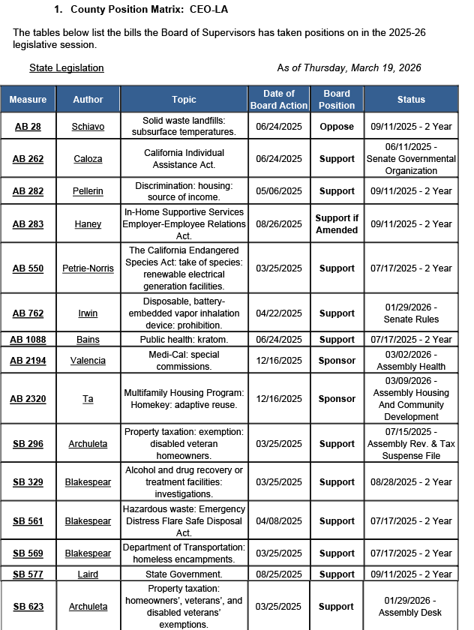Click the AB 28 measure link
28,127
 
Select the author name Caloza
88,159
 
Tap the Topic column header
184,100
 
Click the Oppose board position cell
337,127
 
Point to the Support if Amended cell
337,223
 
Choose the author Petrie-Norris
88,268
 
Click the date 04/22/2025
279,313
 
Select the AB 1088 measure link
28,340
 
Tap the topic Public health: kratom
184,340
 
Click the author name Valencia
88,361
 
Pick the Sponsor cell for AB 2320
337,399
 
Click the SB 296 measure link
28,444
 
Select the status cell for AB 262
411,159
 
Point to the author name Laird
88,574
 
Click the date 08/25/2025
279,574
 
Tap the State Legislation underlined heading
67,68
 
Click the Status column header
411,100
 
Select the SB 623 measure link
28,607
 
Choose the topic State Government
184,574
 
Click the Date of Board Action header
279,100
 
